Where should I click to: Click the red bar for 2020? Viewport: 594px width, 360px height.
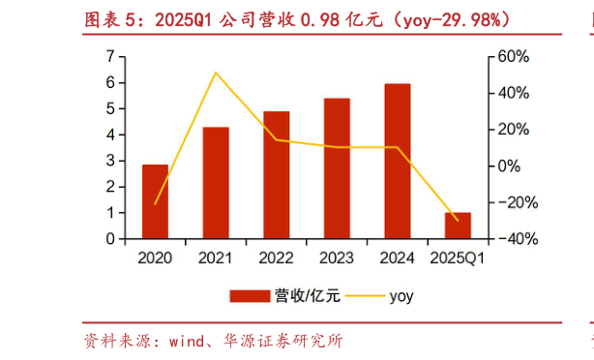click(155, 201)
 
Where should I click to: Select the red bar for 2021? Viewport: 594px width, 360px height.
click(216, 183)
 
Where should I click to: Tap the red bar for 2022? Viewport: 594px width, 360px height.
click(277, 175)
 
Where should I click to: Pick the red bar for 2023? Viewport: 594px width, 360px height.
click(337, 168)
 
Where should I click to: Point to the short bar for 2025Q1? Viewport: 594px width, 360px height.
click(458, 225)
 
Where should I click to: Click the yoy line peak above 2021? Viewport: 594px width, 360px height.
click(216, 73)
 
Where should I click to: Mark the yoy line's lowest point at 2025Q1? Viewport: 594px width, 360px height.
click(458, 220)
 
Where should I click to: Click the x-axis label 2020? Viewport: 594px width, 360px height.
click(155, 258)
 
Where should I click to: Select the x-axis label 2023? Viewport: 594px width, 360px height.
click(337, 258)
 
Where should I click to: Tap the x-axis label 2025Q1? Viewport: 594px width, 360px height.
click(458, 258)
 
